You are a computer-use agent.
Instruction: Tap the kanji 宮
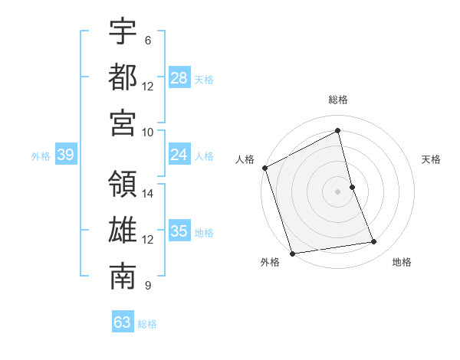(x=123, y=123)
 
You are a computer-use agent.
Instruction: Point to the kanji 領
(x=123, y=185)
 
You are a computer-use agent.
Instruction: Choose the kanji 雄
(x=123, y=231)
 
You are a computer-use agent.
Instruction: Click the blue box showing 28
(x=179, y=77)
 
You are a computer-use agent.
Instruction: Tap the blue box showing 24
(x=179, y=155)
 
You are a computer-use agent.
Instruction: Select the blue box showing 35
(x=179, y=231)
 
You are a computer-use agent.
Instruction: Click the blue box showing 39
(x=65, y=155)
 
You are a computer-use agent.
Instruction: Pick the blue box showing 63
(x=123, y=322)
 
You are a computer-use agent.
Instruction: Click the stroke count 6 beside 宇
(x=147, y=41)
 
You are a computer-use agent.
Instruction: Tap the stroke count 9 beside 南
(x=147, y=286)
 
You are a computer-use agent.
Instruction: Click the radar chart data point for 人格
(x=264, y=168)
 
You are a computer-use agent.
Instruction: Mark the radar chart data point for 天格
(x=352, y=187)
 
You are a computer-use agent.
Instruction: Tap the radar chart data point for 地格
(x=374, y=242)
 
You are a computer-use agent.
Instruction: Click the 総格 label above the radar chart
(x=338, y=100)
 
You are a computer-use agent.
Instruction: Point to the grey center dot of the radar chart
(x=338, y=191)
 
